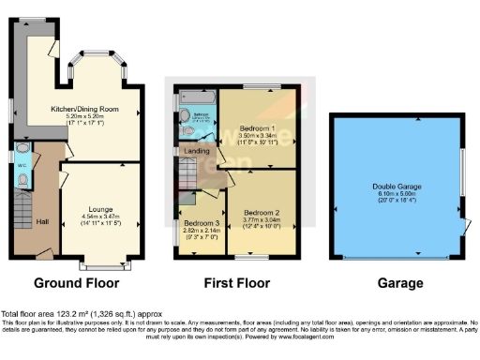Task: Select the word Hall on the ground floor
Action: tap(42, 220)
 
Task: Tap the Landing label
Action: tap(198, 150)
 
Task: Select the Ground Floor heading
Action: tap(80, 283)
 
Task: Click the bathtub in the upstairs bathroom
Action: tap(198, 97)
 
